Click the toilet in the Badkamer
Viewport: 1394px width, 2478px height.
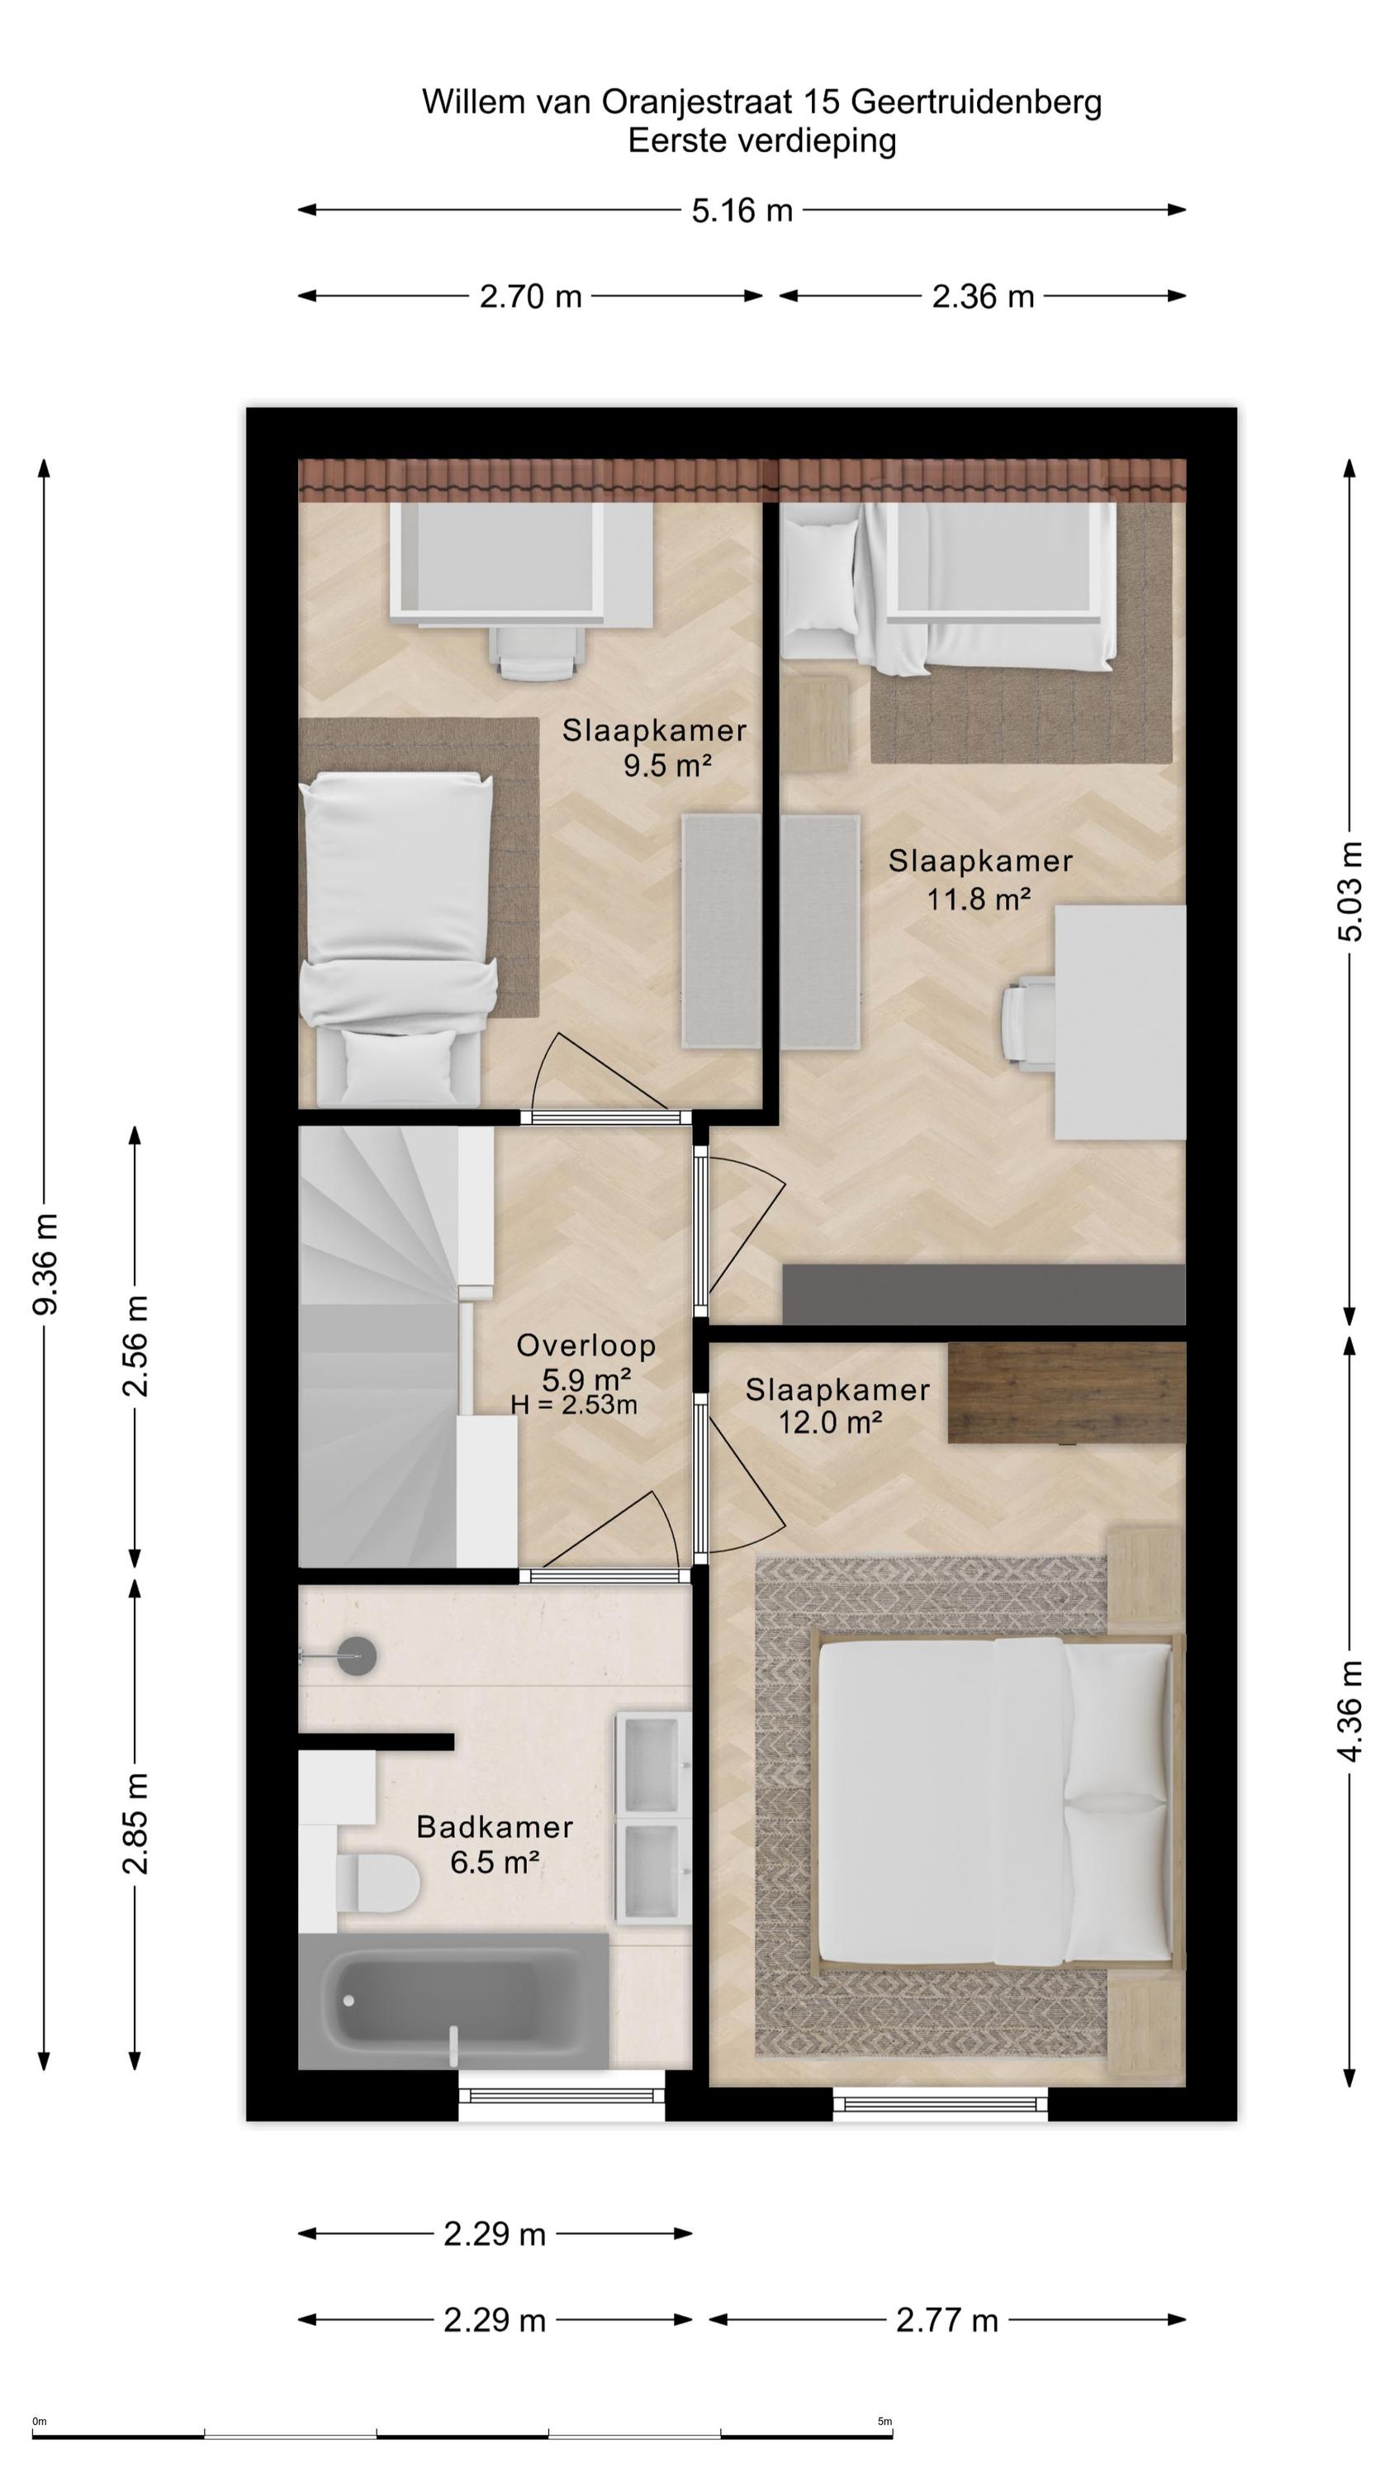click(x=376, y=1882)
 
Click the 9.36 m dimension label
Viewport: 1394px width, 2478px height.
click(x=45, y=1263)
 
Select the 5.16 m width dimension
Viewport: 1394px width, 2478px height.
click(x=742, y=210)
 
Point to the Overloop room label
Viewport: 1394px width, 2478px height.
click(x=586, y=1345)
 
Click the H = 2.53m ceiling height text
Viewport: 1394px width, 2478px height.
click(x=574, y=1404)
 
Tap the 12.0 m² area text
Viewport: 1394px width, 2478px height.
click(x=830, y=1422)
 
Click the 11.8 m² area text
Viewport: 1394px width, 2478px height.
click(x=979, y=899)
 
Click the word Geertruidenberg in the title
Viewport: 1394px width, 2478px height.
click(x=976, y=102)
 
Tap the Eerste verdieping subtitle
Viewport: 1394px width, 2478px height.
click(x=762, y=140)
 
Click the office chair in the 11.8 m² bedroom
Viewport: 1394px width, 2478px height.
click(x=1028, y=1023)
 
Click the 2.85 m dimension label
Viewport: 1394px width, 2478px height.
click(x=135, y=1822)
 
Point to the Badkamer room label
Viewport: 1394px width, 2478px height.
click(x=495, y=1827)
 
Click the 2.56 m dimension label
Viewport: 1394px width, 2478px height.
click(x=135, y=1345)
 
